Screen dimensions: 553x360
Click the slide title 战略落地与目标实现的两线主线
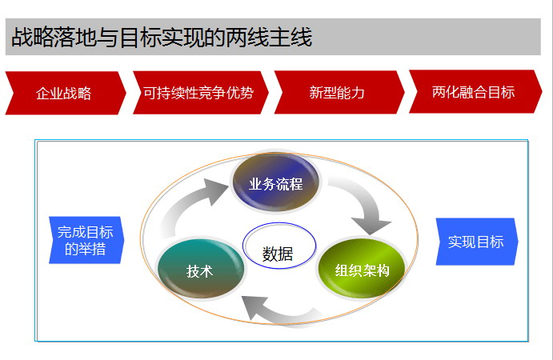coord(162,37)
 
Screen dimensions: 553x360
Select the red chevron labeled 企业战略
coord(66,93)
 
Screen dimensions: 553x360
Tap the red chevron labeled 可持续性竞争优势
coord(201,92)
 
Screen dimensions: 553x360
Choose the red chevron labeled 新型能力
coord(339,92)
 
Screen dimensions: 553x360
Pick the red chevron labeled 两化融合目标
coord(475,92)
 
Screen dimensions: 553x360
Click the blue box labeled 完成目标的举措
coord(86,240)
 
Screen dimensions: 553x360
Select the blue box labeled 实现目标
coord(477,242)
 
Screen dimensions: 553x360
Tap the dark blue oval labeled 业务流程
coord(276,182)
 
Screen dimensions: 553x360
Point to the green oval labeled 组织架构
coord(362,269)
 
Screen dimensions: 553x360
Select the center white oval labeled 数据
coord(279,246)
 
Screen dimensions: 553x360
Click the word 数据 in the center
coord(278,254)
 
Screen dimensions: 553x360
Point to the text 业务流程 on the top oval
coord(276,184)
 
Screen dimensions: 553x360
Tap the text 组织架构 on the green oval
coord(363,270)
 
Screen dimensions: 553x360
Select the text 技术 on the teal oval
coord(199,271)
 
